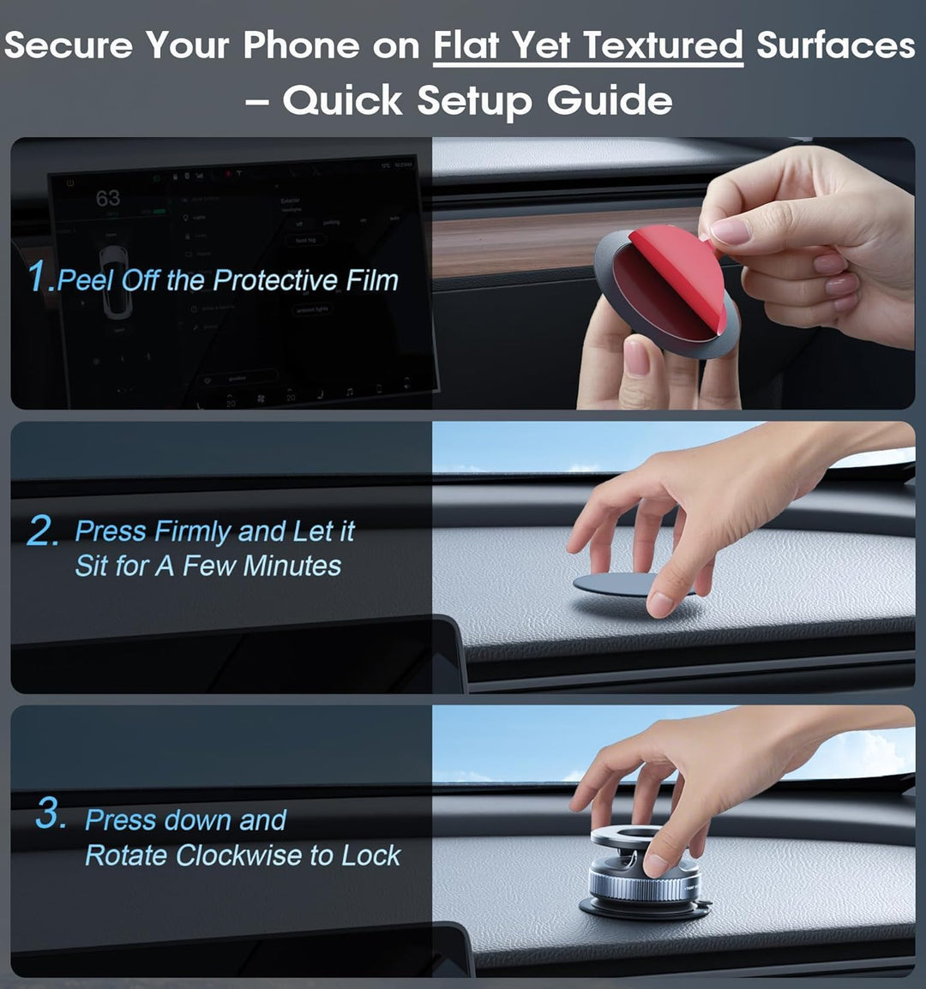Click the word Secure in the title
tap(69, 45)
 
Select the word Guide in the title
tap(610, 100)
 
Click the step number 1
tap(39, 278)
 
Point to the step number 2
tap(43, 531)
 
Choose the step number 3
tap(51, 814)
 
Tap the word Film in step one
tap(372, 280)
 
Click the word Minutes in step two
tap(292, 566)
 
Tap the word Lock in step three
tap(370, 855)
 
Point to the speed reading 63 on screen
tap(108, 198)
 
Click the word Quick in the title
tap(343, 100)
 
